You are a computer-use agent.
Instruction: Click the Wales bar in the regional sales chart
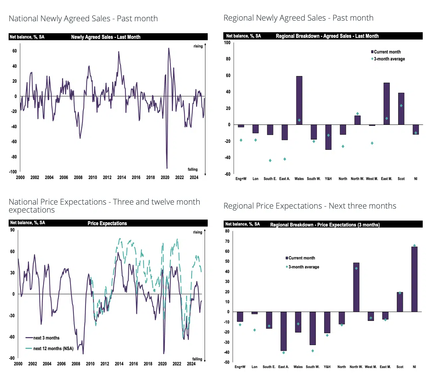click(x=299, y=100)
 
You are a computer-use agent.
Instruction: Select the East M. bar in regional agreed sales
click(x=387, y=104)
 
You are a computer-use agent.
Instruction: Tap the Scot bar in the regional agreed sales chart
click(x=401, y=109)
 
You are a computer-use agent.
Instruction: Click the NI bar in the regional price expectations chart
click(x=414, y=279)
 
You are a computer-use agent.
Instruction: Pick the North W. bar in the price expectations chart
click(x=356, y=287)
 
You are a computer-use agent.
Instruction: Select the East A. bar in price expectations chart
click(x=283, y=331)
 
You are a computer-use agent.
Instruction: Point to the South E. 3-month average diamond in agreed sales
click(x=270, y=160)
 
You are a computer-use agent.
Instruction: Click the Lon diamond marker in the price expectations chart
click(x=254, y=330)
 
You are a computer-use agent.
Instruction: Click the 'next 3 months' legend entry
click(x=46, y=338)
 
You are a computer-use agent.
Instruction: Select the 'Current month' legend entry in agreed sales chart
click(x=387, y=52)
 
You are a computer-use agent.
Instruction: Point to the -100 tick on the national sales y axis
click(x=13, y=172)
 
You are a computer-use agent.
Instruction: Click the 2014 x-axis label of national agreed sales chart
click(x=121, y=177)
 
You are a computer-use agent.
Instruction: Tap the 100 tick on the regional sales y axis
click(x=227, y=43)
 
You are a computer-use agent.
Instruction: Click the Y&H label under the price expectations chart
click(x=327, y=367)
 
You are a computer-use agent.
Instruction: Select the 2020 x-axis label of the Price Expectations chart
click(x=162, y=364)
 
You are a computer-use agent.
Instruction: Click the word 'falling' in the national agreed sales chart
click(x=192, y=169)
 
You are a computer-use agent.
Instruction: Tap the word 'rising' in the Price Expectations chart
click(x=197, y=232)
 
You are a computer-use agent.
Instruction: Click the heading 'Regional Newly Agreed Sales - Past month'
click(x=298, y=18)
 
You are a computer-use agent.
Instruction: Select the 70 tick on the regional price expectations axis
click(x=227, y=241)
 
